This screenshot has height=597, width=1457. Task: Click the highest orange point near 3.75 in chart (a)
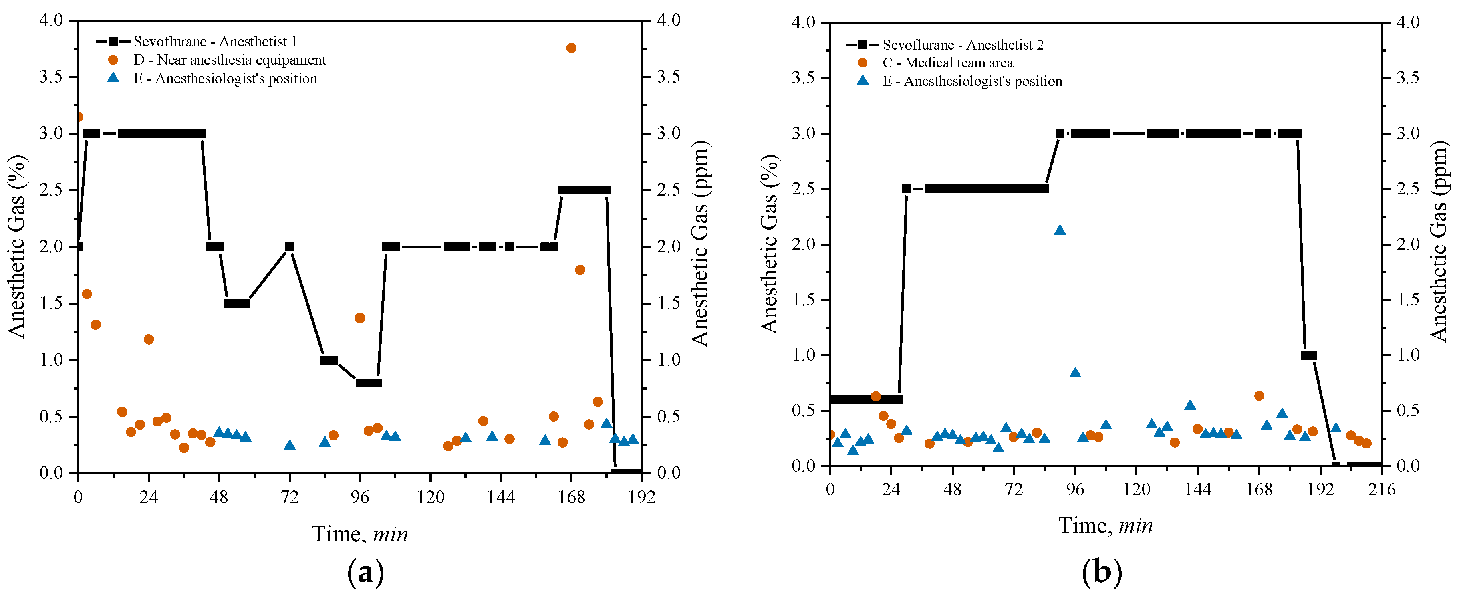point(571,48)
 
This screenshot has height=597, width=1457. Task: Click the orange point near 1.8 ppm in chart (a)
point(580,270)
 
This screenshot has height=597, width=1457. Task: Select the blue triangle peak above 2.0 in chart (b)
point(1060,230)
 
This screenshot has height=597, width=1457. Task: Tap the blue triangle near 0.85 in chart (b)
point(1075,373)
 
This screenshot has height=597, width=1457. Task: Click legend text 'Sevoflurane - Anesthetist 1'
point(215,41)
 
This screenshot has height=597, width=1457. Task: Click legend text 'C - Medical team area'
point(948,63)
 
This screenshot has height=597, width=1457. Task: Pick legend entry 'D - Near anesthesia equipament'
point(230,60)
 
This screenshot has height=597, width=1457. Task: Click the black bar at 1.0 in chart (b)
point(1309,355)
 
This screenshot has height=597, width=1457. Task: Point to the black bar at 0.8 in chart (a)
point(369,383)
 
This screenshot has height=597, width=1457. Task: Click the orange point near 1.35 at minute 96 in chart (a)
point(360,318)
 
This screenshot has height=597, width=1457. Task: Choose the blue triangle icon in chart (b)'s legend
point(863,81)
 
